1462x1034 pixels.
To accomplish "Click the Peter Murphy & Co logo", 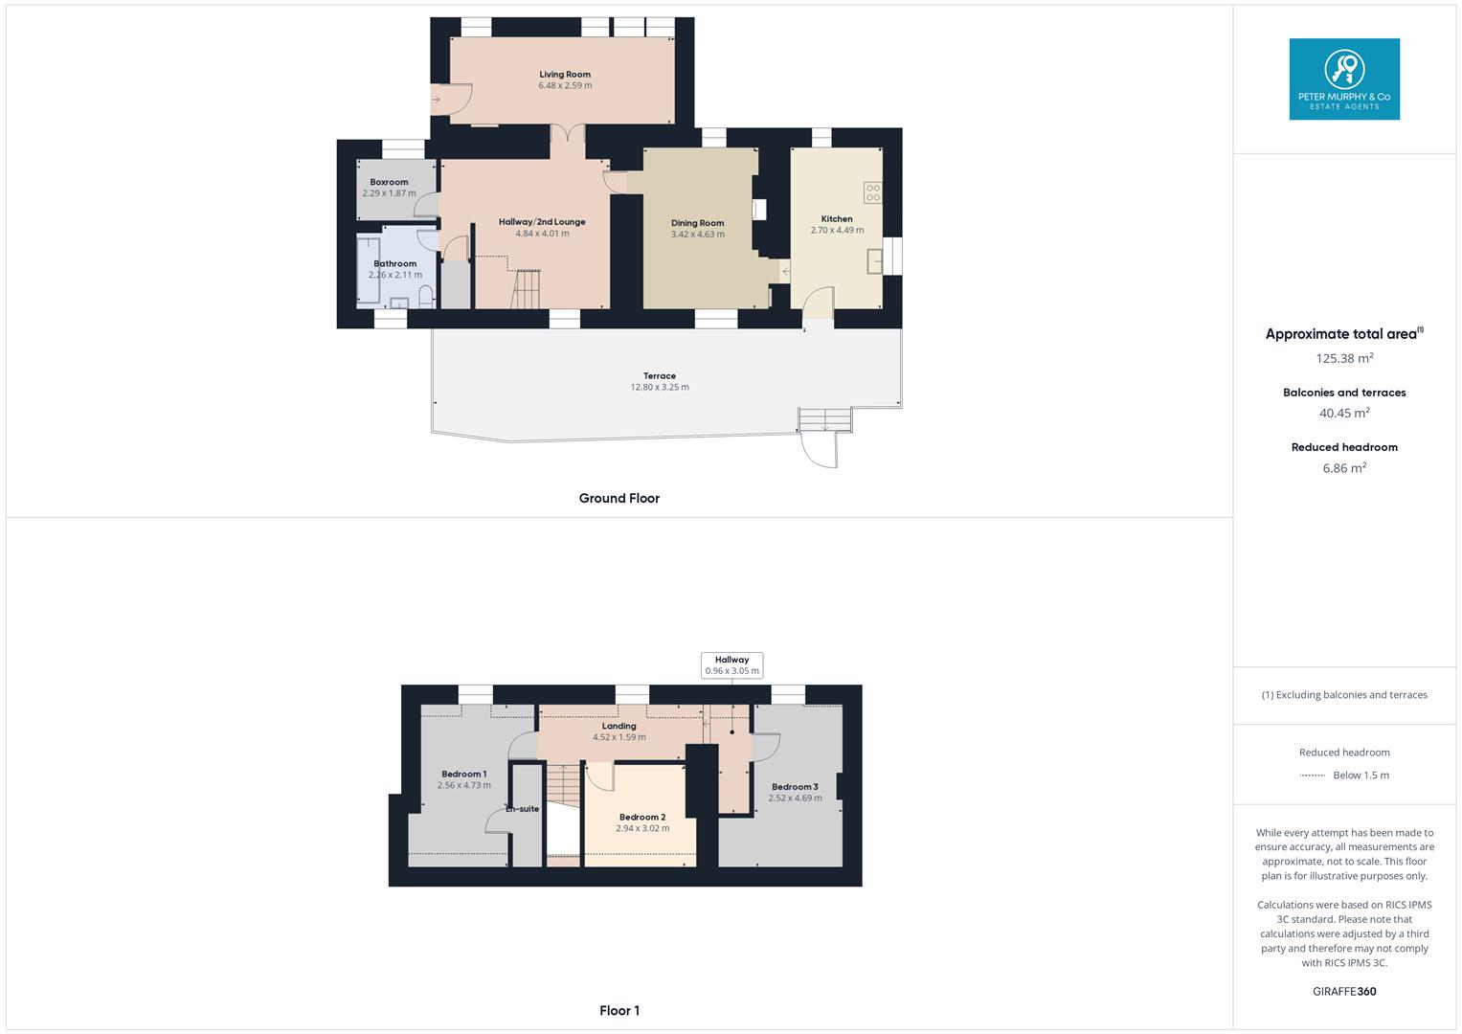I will [1344, 79].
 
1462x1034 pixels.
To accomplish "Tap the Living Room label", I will [565, 74].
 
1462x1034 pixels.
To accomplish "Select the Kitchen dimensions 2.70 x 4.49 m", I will [837, 231].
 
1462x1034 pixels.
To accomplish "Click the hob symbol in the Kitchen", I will [872, 192].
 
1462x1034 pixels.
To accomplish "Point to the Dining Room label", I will [697, 223].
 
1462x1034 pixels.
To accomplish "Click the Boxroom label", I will [389, 182].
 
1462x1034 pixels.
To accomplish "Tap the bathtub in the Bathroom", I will [367, 269].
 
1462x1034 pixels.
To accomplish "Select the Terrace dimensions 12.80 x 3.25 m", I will [660, 388].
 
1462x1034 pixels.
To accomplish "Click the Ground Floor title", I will [619, 498].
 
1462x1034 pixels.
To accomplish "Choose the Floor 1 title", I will [619, 1010].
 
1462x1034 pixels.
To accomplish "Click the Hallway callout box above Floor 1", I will [731, 665].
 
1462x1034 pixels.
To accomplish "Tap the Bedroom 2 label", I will [642, 818].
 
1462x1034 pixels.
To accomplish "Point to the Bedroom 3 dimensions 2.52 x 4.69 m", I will [795, 798].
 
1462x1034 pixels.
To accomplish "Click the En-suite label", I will [523, 809].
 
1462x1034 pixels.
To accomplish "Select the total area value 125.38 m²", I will [1344, 358].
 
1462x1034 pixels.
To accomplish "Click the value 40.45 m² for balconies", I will [1344, 414].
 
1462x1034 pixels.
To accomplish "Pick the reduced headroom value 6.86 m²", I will [1344, 468].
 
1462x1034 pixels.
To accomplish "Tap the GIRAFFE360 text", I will [1344, 991].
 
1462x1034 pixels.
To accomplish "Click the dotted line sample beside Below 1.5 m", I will [1312, 775].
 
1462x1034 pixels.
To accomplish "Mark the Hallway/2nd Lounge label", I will [542, 222].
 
